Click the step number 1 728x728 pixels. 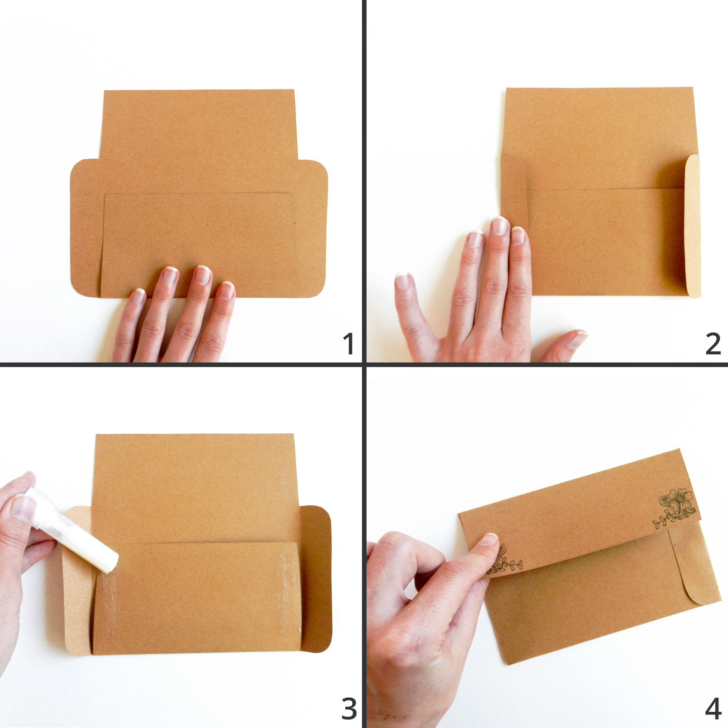[348, 343]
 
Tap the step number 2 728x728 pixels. [713, 343]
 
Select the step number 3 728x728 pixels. [349, 708]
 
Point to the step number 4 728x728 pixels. [713, 708]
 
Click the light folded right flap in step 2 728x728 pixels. [693, 226]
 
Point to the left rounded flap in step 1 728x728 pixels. [86, 229]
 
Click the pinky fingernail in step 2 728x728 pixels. [402, 282]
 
